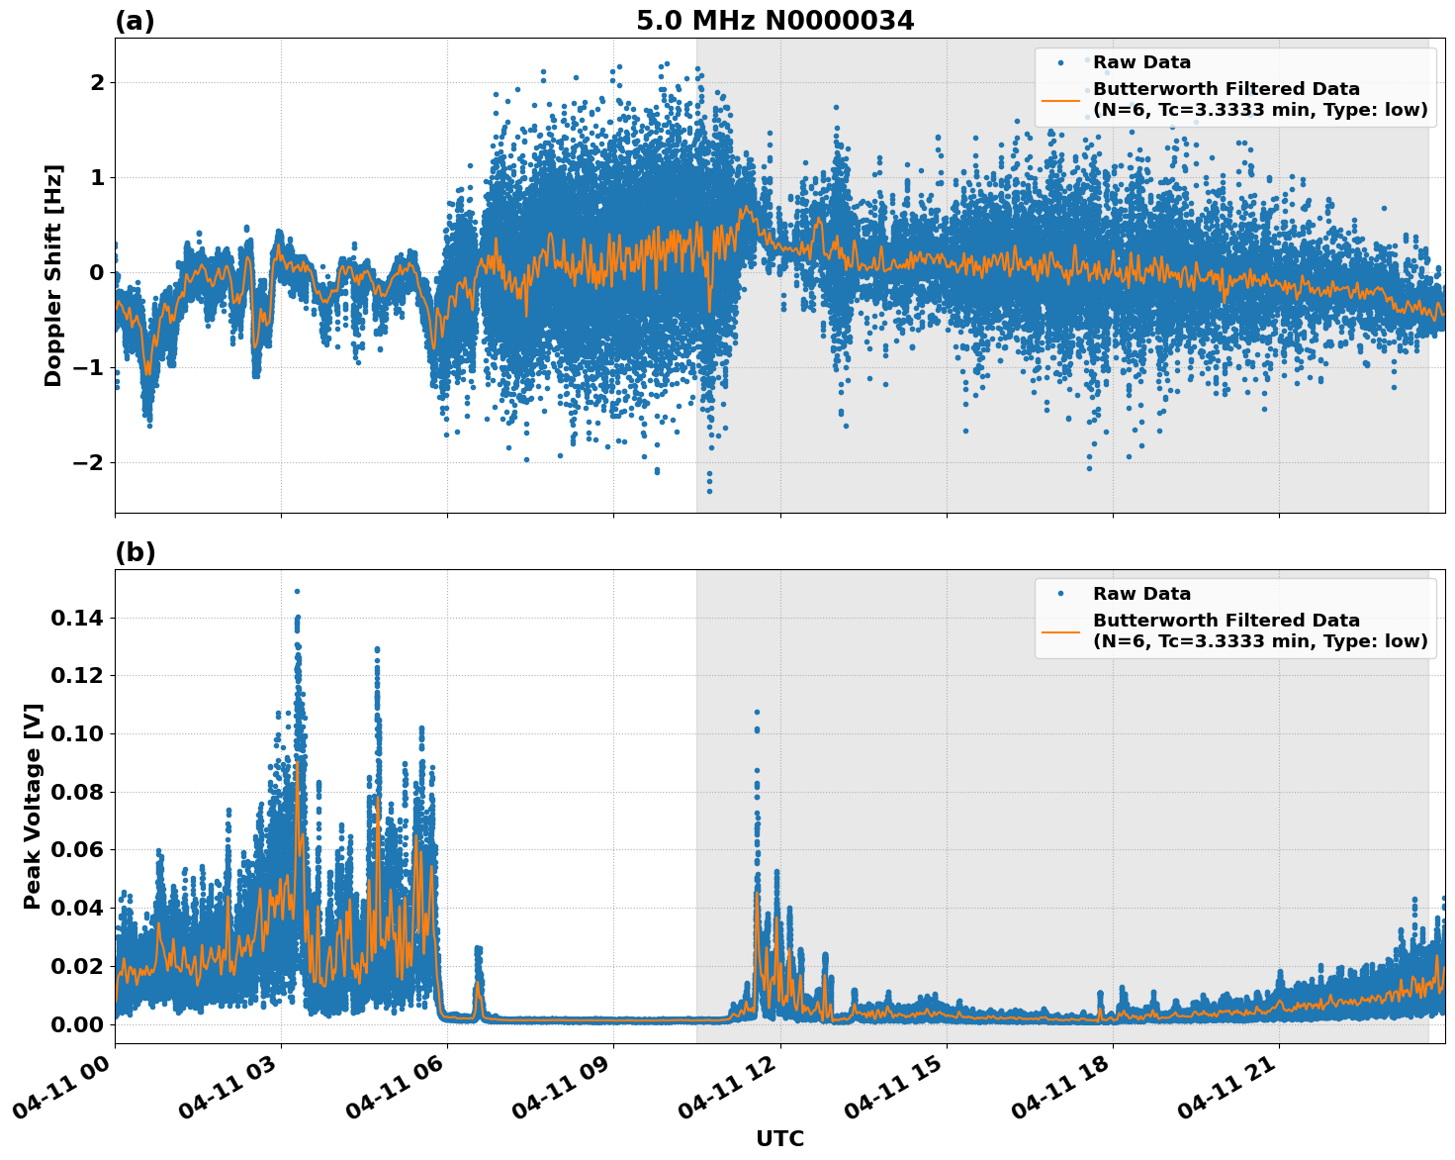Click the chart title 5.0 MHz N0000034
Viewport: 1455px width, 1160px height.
[774, 21]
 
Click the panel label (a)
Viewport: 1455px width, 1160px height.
[135, 21]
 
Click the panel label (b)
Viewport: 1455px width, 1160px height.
[135, 552]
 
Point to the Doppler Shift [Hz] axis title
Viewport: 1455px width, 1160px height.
[53, 275]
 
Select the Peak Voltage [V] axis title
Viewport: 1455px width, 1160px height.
[33, 806]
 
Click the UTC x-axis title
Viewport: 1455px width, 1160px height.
[779, 1138]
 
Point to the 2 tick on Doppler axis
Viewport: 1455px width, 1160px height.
[97, 82]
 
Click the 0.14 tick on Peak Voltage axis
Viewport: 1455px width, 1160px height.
[76, 619]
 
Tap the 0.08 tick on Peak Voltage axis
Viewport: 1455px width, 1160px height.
[76, 792]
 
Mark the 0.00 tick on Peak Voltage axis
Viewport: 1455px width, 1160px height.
[76, 1023]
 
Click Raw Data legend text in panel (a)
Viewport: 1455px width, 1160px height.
[1141, 62]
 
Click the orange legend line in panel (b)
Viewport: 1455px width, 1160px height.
[1060, 630]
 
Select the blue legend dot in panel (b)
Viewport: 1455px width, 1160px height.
[1060, 594]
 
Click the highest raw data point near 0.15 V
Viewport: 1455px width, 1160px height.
[297, 591]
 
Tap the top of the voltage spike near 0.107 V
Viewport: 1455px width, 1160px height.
[757, 712]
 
